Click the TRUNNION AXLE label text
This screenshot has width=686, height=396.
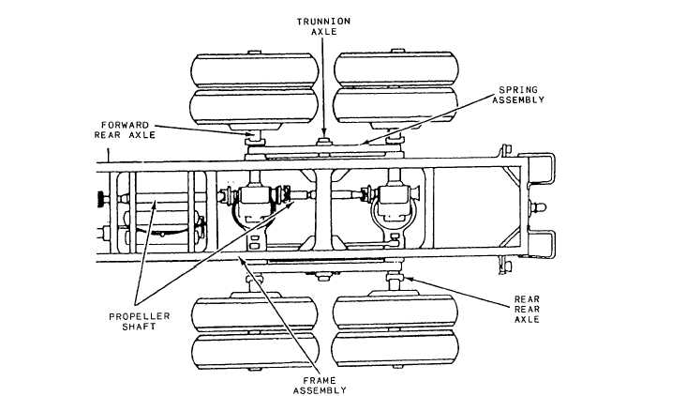click(323, 26)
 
